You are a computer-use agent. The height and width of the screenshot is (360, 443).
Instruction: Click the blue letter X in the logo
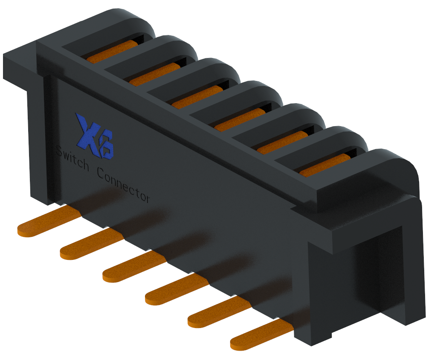[87, 130]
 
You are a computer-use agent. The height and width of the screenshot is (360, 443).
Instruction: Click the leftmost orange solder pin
[47, 224]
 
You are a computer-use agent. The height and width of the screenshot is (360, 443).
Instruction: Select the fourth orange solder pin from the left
[175, 290]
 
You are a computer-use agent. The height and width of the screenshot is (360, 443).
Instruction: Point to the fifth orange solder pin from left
[217, 312]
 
